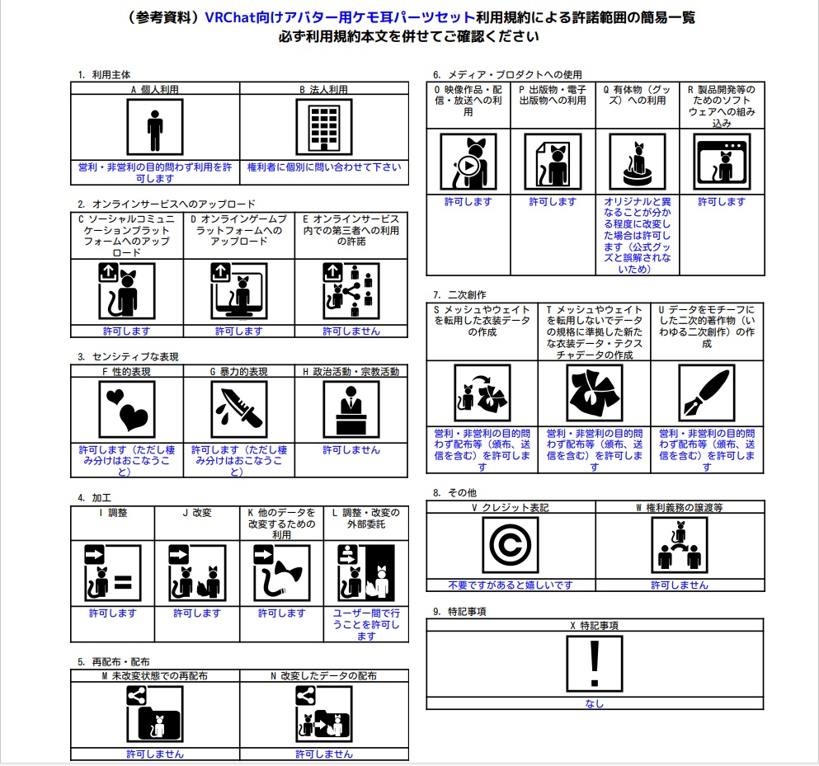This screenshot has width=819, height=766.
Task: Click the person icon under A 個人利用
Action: [155, 127]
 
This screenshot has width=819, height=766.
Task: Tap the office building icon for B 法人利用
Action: [324, 127]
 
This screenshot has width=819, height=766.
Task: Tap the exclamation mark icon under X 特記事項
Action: [594, 665]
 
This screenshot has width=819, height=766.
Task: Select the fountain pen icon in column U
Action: [706, 392]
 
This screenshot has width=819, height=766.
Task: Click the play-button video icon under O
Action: [468, 162]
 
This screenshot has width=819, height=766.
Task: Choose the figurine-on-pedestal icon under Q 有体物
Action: [637, 162]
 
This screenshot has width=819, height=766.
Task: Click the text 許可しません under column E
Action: [351, 331]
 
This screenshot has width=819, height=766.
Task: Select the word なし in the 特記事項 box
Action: [594, 703]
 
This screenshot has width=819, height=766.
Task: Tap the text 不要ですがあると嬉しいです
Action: [510, 585]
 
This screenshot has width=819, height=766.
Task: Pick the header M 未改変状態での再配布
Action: [154, 675]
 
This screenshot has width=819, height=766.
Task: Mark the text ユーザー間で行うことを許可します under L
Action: [366, 624]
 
